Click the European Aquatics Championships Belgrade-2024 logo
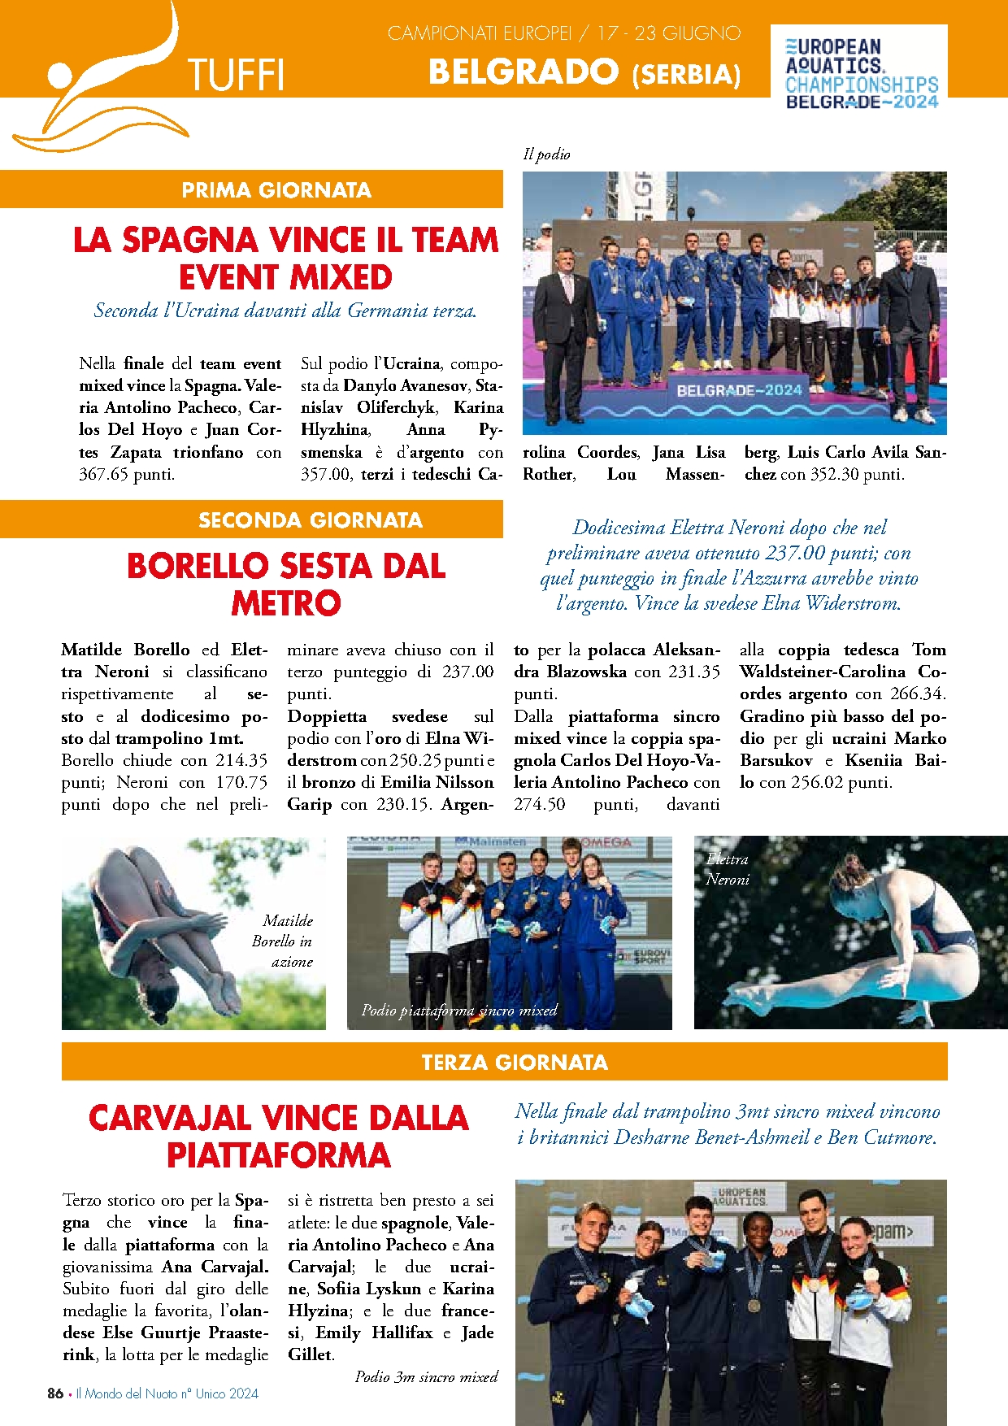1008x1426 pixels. tap(860, 74)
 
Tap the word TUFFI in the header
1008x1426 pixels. tap(235, 76)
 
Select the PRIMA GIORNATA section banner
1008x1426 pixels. tap(276, 190)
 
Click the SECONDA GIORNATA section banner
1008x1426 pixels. tap(310, 520)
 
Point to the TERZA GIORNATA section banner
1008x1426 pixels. tap(515, 1063)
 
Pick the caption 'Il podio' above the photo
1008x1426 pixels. tap(546, 154)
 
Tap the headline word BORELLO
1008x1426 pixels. tap(197, 567)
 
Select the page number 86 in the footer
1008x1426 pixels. tap(55, 1393)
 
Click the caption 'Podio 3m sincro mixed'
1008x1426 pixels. tap(426, 1377)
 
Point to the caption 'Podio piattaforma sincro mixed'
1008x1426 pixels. tap(459, 1011)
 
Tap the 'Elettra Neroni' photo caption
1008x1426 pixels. tap(727, 869)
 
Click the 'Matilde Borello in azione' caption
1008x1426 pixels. tap(282, 941)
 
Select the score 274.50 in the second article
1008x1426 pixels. tap(539, 805)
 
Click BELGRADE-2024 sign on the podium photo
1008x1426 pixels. tap(739, 390)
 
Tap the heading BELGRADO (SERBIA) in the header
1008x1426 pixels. tap(584, 72)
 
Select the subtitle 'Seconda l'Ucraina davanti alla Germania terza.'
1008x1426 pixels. tap(285, 311)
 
